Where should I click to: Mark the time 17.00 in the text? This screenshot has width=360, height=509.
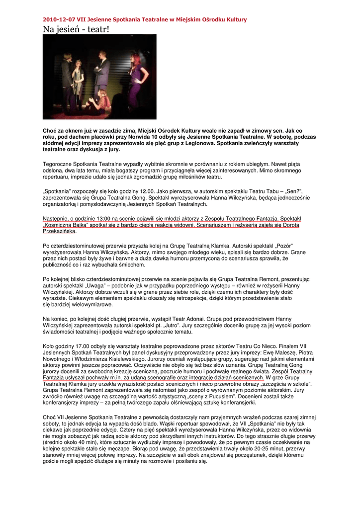(78, 345)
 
